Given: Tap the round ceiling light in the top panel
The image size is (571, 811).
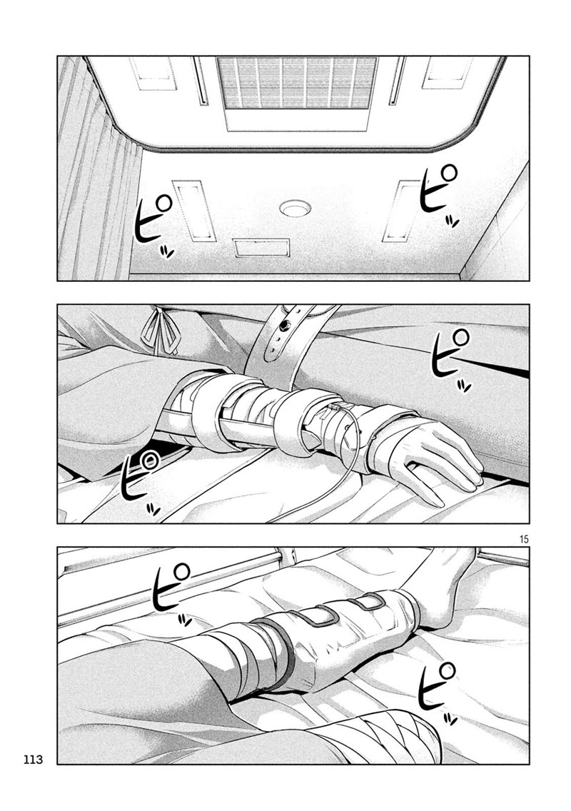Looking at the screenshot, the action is (x=295, y=208).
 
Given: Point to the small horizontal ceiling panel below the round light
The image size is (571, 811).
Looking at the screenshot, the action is (x=261, y=247).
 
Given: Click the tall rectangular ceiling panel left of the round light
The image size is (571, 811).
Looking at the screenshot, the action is (x=194, y=211).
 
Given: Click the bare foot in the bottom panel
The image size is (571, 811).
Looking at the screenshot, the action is (x=445, y=590).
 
